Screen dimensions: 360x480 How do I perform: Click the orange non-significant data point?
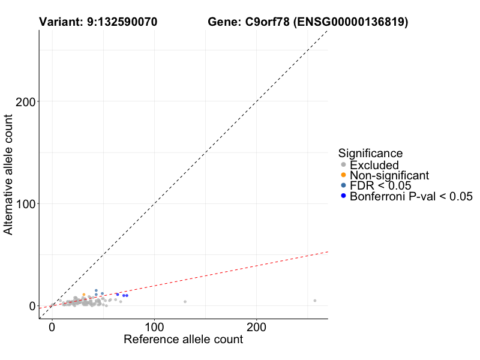(x=83, y=295)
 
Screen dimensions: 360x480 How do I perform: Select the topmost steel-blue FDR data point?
(x=96, y=290)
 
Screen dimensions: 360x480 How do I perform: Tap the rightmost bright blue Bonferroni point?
(x=127, y=296)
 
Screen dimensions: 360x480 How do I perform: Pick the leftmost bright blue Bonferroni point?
(x=118, y=294)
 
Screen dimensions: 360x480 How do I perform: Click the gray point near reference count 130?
(x=185, y=302)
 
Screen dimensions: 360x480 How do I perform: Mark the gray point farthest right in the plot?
(x=314, y=301)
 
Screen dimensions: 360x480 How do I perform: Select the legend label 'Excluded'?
(x=374, y=165)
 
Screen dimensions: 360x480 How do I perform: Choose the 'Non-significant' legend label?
(x=389, y=175)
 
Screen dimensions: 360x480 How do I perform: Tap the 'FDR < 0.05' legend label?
(x=380, y=186)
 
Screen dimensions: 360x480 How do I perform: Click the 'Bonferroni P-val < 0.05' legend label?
(x=412, y=196)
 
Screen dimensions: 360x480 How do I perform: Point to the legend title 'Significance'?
(x=370, y=153)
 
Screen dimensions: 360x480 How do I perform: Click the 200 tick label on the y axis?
(x=23, y=101)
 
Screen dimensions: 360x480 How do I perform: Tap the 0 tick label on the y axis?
(x=32, y=306)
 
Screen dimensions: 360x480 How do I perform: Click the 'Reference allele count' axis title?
(x=183, y=340)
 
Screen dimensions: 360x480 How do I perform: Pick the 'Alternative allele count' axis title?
(x=9, y=174)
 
